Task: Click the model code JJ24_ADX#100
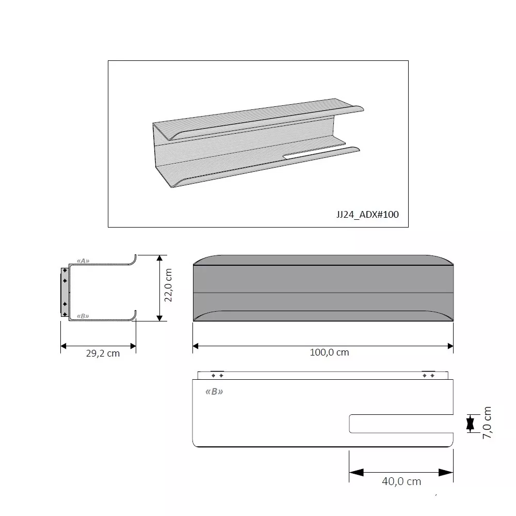tap(367, 215)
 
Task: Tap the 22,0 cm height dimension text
tap(168, 285)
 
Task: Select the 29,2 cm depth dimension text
tap(103, 353)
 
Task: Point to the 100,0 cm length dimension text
tap(329, 352)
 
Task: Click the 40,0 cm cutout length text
tap(401, 481)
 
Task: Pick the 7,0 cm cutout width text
tap(487, 423)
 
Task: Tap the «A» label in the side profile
tap(83, 261)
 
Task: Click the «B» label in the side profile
tap(83, 316)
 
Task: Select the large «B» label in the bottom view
tap(214, 392)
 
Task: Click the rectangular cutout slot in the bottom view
tap(401, 424)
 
